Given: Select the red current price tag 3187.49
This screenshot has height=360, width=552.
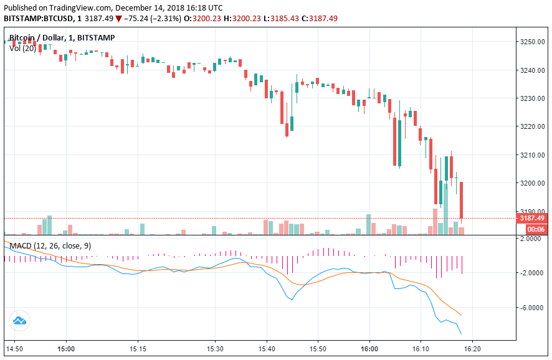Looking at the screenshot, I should click(x=532, y=218).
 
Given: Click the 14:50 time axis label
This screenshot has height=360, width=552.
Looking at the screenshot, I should click(x=14, y=349).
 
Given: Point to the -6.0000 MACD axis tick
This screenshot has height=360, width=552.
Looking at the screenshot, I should click(x=533, y=308).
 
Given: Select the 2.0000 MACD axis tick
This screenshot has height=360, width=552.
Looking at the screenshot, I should click(x=533, y=238).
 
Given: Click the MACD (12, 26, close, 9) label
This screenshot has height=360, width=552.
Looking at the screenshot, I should click(x=50, y=246).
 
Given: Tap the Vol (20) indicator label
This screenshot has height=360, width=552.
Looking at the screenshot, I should click(x=22, y=48).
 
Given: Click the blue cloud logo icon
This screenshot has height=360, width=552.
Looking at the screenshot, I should click(x=19, y=321).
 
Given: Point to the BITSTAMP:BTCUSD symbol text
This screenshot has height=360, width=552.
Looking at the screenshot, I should click(x=39, y=19).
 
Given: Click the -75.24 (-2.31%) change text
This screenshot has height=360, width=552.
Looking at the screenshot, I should click(x=152, y=19).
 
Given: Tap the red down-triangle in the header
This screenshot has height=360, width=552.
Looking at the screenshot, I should click(x=118, y=19).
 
